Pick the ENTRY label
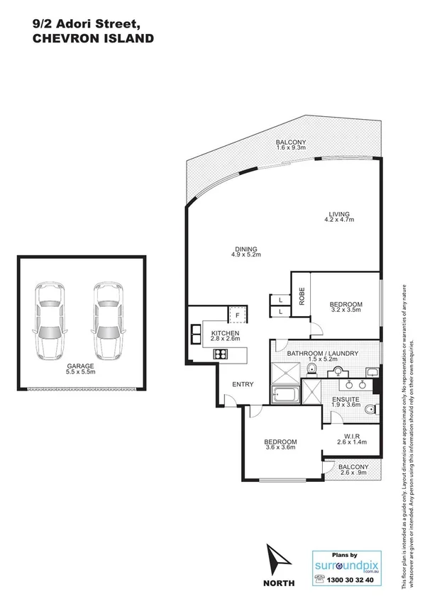[x=243, y=385]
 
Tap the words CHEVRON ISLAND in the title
[x=83, y=40]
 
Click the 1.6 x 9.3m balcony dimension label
[x=290, y=148]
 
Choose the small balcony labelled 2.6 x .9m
[x=353, y=471]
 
